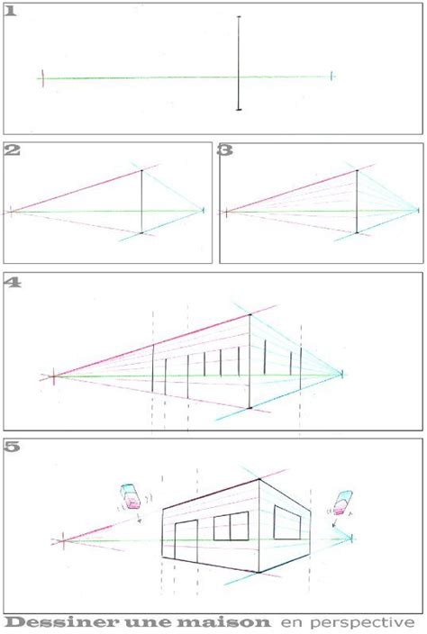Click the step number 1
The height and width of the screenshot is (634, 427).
(11, 12)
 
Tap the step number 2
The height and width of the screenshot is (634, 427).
(12, 150)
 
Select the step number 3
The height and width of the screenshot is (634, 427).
(225, 150)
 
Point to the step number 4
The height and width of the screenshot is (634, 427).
(13, 282)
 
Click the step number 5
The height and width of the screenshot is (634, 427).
(13, 447)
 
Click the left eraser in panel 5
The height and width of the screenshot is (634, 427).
(131, 495)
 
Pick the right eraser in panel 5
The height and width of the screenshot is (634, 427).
(343, 503)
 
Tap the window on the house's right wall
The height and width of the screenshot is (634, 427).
(287, 522)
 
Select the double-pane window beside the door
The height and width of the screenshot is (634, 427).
(231, 526)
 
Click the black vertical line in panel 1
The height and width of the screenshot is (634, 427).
(239, 63)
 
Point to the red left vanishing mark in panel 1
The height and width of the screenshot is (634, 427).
(43, 77)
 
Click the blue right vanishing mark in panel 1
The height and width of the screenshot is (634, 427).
(332, 76)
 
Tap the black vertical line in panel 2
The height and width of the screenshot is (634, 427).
(141, 202)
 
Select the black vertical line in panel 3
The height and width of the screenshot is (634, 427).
(357, 202)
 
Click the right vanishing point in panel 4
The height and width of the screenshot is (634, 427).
(342, 374)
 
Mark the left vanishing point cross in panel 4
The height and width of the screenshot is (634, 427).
(54, 376)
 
